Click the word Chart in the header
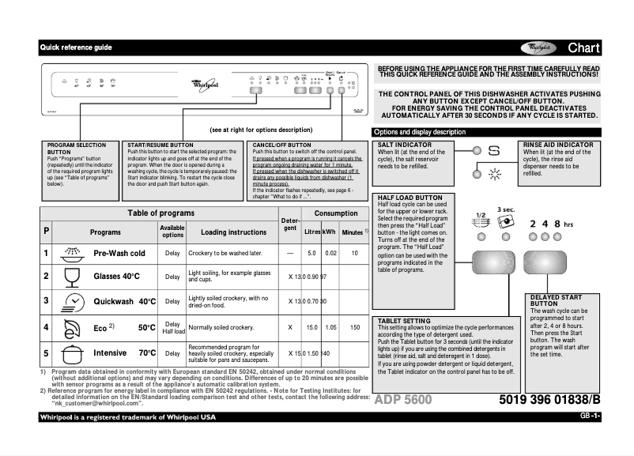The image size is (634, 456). pyautogui.click(x=584, y=48)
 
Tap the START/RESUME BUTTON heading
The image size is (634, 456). pyautogui.click(x=160, y=145)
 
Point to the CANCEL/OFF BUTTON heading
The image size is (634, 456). pyautogui.click(x=281, y=145)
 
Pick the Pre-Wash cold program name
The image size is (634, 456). pyautogui.click(x=119, y=254)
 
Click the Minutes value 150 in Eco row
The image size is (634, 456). pyautogui.click(x=355, y=326)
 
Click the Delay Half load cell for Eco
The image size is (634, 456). pyautogui.click(x=172, y=327)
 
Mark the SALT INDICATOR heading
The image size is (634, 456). pyautogui.click(x=405, y=145)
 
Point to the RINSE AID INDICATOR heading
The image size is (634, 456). pyautogui.click(x=558, y=145)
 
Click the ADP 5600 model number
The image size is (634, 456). pyautogui.click(x=403, y=400)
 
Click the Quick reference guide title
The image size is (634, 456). pyautogui.click(x=76, y=48)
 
